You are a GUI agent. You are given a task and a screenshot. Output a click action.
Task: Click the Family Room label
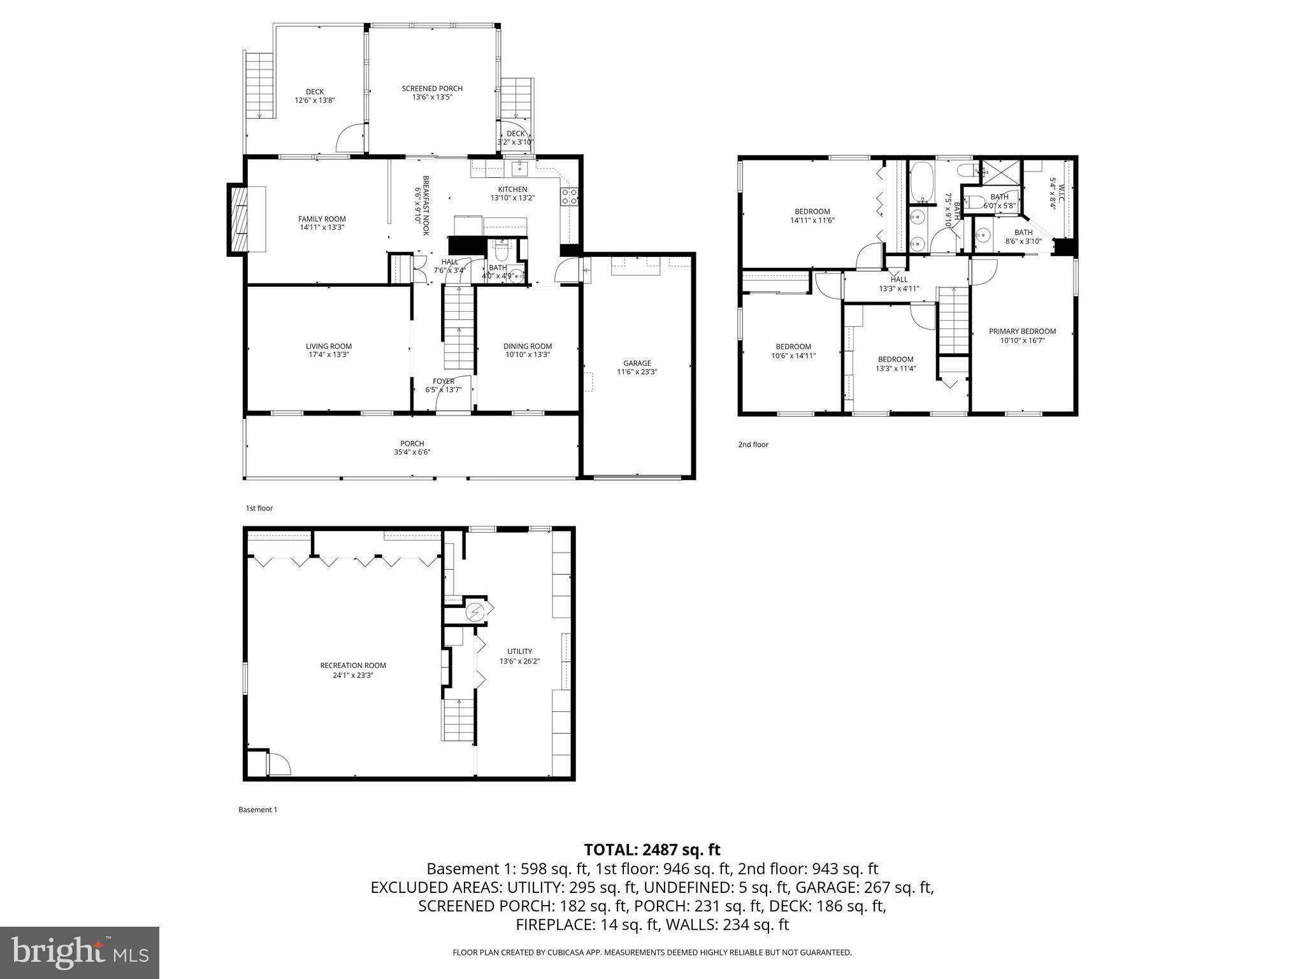coord(322,219)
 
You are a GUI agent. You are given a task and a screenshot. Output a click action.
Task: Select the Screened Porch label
coord(432,89)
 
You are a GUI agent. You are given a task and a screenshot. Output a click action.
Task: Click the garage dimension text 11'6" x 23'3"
coord(637,372)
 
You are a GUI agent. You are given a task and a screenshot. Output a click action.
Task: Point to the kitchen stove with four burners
coord(570,197)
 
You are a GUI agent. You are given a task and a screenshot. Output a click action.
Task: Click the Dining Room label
coord(528,347)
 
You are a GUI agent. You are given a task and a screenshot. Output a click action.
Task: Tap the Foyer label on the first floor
coord(443,381)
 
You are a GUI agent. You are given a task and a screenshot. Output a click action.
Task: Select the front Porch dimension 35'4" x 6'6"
coord(412,453)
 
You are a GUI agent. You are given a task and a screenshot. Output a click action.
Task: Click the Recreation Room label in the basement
coord(353,665)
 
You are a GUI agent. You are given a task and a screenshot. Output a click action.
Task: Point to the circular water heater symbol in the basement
coord(475,613)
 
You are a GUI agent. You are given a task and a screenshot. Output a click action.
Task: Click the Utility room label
coord(519,651)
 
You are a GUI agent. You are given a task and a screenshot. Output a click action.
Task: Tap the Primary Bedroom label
coord(1022,331)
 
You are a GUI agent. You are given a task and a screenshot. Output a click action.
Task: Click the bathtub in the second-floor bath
coord(921,182)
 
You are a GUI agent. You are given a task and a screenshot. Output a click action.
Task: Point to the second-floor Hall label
coord(899,279)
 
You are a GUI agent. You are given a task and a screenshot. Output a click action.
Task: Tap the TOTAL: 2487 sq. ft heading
coord(652,850)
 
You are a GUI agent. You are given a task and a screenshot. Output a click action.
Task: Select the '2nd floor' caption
coord(753,444)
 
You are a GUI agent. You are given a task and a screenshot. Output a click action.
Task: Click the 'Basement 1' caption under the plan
coord(258,809)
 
